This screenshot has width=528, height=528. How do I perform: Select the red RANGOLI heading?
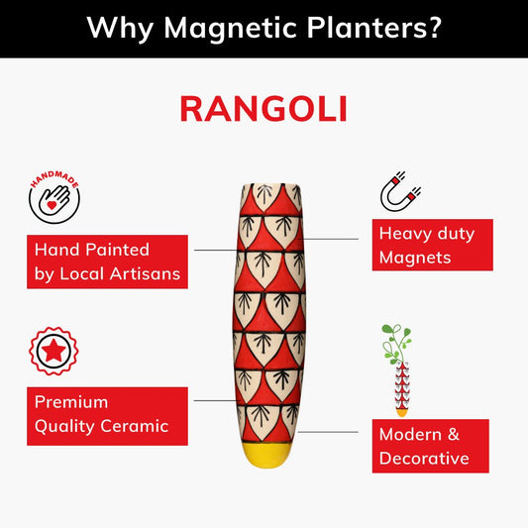click(264, 109)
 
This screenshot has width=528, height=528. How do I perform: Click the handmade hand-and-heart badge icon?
click(53, 195)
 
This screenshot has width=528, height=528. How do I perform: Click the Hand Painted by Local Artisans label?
click(107, 262)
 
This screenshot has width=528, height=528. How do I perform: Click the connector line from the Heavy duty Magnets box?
click(332, 240)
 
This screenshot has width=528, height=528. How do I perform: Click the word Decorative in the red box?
click(424, 459)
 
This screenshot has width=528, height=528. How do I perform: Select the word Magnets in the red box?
click(415, 258)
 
